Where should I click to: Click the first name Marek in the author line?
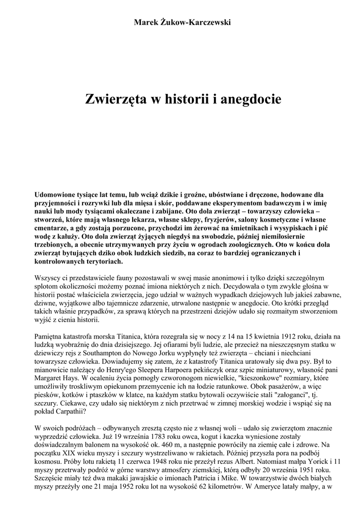pos(145,22)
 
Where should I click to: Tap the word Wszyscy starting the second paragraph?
pos(47,278)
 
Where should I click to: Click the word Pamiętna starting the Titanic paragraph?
pos(51,338)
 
